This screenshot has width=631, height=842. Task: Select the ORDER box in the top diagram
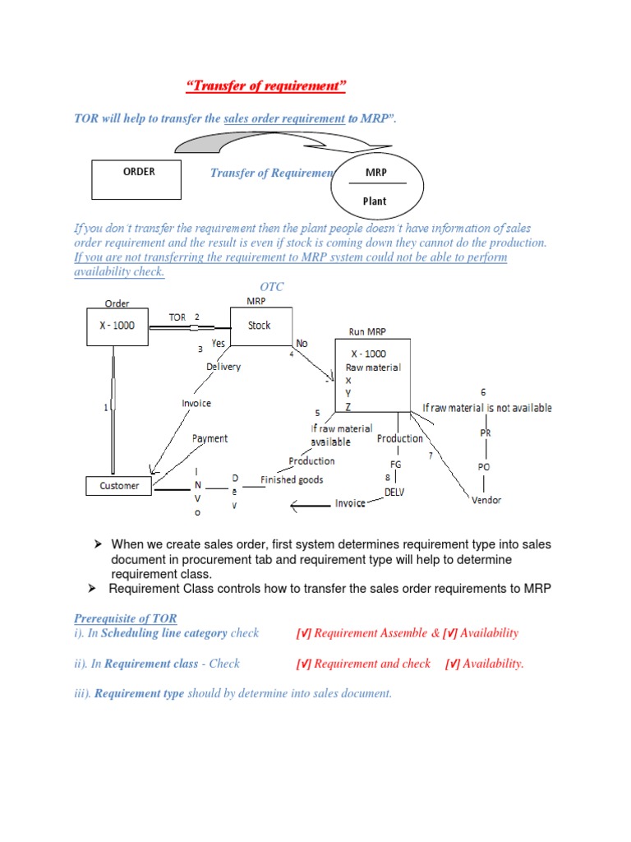[136, 179]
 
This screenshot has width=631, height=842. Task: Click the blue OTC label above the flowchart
[260, 286]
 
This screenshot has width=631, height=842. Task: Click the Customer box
[119, 486]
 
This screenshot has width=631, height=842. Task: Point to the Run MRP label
[367, 332]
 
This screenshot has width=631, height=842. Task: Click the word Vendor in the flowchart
[486, 500]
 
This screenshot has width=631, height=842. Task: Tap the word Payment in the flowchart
[210, 438]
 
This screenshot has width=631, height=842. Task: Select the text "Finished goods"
[292, 479]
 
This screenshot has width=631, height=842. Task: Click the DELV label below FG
[396, 492]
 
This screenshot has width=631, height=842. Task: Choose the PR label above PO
[485, 433]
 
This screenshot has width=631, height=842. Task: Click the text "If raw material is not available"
[487, 408]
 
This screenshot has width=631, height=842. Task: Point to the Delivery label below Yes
[223, 367]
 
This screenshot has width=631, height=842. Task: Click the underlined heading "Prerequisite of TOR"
[125, 618]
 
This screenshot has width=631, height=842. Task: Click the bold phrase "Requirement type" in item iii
[139, 694]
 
